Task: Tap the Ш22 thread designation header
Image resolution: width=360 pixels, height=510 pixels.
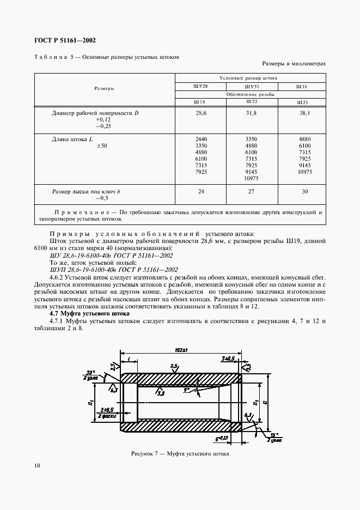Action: click(251, 101)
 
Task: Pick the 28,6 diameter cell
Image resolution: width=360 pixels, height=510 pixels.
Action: click(200, 113)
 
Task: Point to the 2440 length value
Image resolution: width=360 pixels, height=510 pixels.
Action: click(200, 139)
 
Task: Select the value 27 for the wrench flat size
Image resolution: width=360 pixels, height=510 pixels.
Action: click(251, 191)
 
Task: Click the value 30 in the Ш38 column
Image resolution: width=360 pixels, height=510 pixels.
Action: click(304, 191)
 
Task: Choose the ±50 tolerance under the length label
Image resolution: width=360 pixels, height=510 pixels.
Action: click(101, 146)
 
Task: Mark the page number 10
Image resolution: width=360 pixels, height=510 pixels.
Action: click(36, 465)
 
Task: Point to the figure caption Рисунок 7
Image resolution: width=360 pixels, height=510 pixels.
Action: click(180, 453)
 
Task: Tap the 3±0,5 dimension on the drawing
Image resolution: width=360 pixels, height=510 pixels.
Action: click(229, 359)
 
